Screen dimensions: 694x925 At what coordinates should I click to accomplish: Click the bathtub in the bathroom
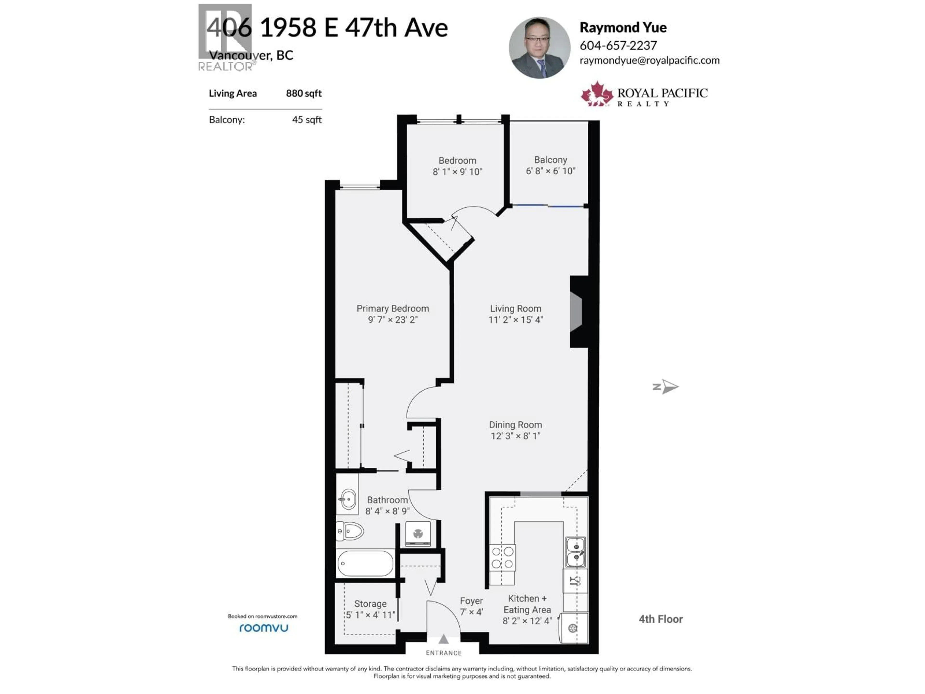(x=365, y=563)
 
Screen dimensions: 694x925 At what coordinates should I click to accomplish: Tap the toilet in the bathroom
(x=350, y=532)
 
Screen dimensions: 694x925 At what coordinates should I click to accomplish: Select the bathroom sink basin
(x=348, y=499)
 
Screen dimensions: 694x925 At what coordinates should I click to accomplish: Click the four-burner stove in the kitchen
(x=502, y=558)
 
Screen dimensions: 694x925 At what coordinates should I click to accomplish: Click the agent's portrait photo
(x=539, y=48)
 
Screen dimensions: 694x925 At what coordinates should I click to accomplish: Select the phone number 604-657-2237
(x=618, y=45)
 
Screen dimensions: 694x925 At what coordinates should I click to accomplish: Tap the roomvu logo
(x=264, y=628)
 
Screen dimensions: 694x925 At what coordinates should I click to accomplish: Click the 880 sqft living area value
(x=304, y=93)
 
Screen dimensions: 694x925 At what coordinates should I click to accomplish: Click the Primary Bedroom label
(x=393, y=308)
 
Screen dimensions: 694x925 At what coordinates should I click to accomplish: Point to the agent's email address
(x=649, y=60)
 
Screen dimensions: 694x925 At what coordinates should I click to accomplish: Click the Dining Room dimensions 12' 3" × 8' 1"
(x=515, y=436)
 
